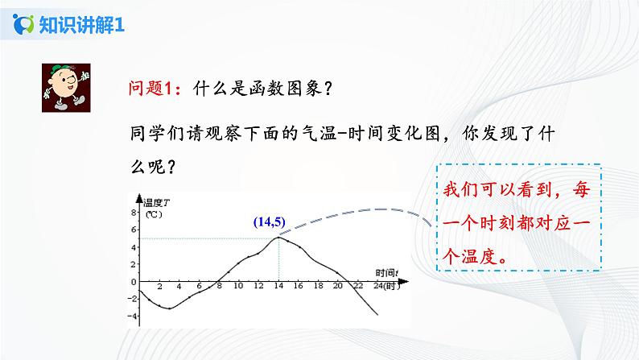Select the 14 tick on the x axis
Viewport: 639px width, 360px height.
pyautogui.click(x=278, y=286)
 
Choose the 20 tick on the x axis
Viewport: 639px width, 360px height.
pyautogui.click(x=337, y=286)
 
